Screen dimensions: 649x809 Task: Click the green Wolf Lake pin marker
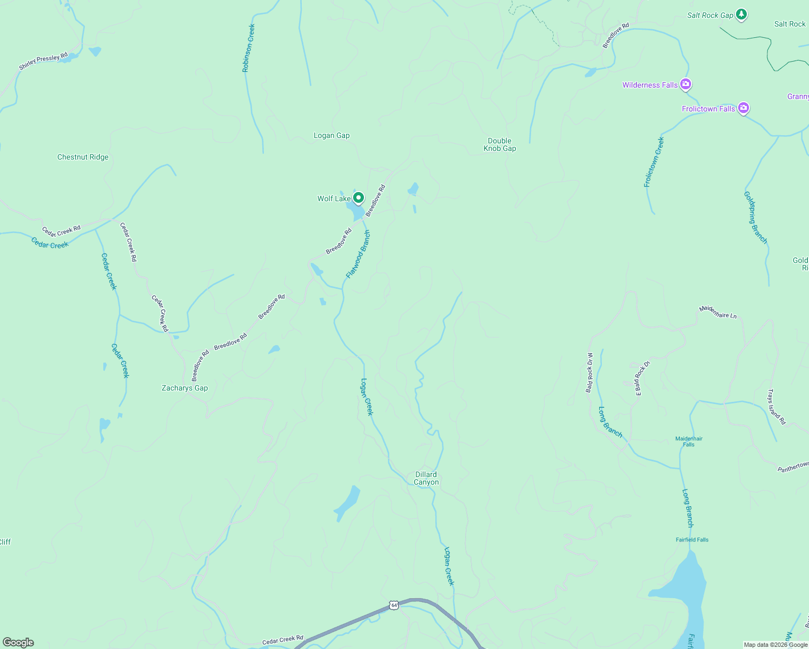[358, 198]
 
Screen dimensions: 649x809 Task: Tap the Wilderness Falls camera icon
[686, 84]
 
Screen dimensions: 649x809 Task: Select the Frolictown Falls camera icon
[744, 108]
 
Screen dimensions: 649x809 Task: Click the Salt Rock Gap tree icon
[742, 15]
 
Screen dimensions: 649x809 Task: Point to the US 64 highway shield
[394, 605]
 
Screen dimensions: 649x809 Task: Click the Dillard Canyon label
[426, 478]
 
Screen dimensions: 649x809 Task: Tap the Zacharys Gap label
[184, 388]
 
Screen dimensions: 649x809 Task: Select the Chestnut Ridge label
[83, 157]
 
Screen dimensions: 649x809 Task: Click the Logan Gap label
[331, 135]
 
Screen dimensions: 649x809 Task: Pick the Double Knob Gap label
[500, 144]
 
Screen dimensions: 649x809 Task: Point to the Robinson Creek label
[248, 48]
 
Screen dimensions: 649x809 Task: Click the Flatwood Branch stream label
[359, 254]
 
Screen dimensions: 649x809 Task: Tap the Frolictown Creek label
[654, 162]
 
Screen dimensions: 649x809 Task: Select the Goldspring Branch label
[755, 217]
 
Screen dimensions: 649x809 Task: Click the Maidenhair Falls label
[689, 441]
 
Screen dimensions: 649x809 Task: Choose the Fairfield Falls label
[692, 540]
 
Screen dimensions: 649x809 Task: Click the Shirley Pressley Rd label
[43, 61]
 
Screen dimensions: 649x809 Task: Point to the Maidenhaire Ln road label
[718, 312]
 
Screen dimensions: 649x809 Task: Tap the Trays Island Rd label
[777, 407]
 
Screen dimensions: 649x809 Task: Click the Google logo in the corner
[18, 643]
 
